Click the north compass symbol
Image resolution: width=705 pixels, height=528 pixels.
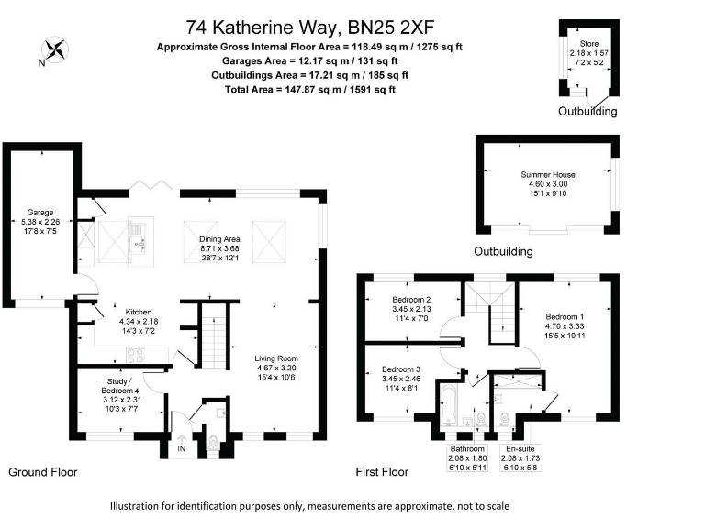pos(54,49)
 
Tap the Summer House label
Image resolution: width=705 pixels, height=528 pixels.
pos(546,174)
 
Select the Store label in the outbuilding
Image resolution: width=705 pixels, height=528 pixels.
pos(588,44)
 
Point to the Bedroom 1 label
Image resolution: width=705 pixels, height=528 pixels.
pos(565,316)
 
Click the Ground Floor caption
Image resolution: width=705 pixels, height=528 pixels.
pos(42,472)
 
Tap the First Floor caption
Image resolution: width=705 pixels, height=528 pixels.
pos(382,472)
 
